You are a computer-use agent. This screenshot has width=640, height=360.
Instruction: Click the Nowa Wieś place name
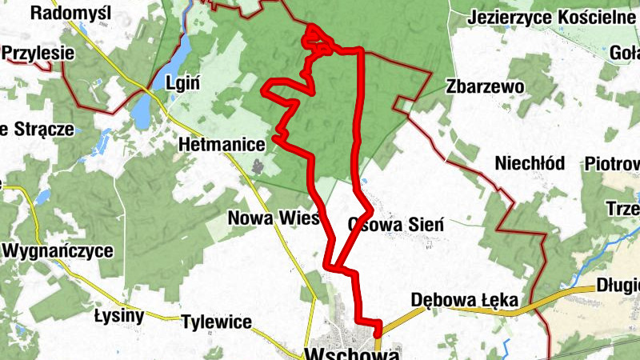pyautogui.click(x=274, y=218)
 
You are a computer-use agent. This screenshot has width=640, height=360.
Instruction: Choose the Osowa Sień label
pyautogui.click(x=396, y=225)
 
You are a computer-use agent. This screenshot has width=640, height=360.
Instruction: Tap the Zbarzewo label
pyautogui.click(x=486, y=86)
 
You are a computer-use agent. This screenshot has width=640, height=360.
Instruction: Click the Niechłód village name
pyautogui.click(x=530, y=163)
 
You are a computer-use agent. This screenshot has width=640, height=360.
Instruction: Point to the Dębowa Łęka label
pyautogui.click(x=465, y=301)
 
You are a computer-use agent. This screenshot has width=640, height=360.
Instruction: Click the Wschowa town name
pyautogui.click(x=352, y=353)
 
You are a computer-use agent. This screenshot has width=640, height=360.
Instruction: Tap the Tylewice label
pyautogui.click(x=217, y=322)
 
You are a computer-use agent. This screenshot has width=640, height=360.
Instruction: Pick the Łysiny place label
pyautogui.click(x=118, y=315)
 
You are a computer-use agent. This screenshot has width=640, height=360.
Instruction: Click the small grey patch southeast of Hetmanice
pyautogui.click(x=258, y=166)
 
